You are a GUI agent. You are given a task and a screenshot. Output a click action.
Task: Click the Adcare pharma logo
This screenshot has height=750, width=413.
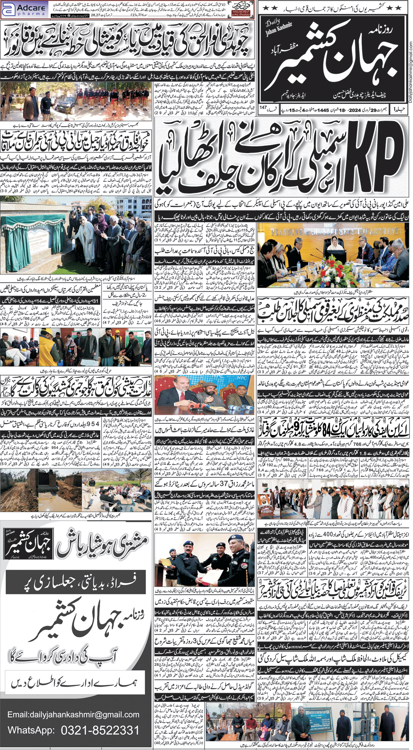click(x=21, y=10)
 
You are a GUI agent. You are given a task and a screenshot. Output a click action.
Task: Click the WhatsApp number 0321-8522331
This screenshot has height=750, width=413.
click(x=100, y=730)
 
